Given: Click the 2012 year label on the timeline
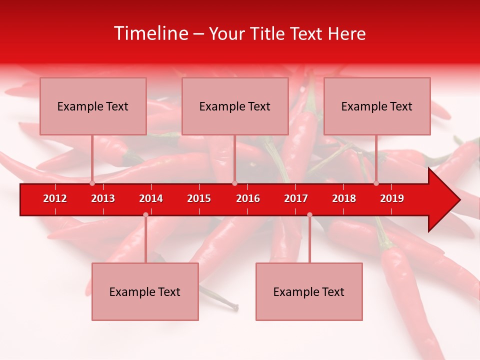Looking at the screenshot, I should (x=55, y=198).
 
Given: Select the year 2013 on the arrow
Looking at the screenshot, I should (x=103, y=198).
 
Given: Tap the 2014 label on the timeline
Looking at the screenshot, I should (x=151, y=198).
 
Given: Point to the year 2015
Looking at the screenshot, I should (x=199, y=198).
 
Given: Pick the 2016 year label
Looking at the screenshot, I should (x=248, y=198).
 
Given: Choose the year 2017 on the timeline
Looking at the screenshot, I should (x=296, y=198).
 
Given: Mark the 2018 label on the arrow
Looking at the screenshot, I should (x=344, y=198).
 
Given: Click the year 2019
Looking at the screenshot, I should (x=392, y=198).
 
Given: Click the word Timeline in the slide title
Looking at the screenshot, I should (x=150, y=33).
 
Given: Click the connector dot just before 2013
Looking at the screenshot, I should (x=92, y=183).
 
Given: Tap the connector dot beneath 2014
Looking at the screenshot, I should (x=145, y=214).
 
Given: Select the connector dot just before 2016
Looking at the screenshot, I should (x=234, y=183).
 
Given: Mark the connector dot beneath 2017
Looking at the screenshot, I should (x=309, y=214).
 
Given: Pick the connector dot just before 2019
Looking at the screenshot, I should (x=376, y=183).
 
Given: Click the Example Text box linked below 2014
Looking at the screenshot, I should (x=145, y=291).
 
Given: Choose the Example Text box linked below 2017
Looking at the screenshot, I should (x=309, y=291).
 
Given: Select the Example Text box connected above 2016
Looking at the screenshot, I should (x=235, y=106).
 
